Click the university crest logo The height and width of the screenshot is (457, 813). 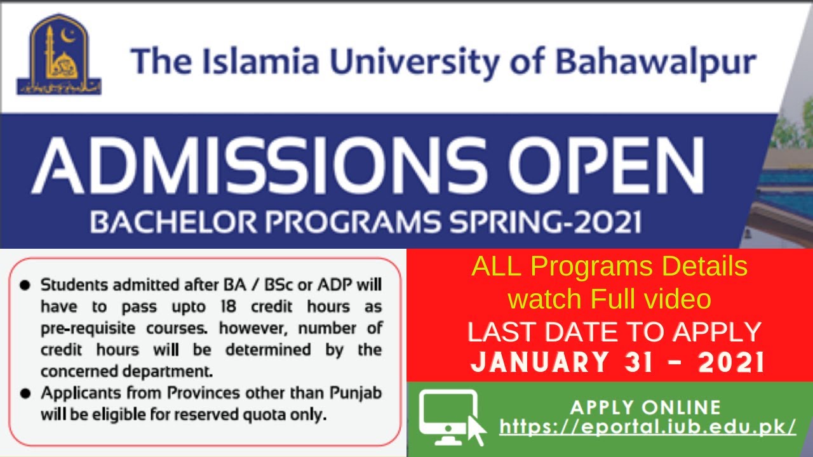click(x=59, y=55)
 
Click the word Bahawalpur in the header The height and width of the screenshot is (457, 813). click(x=655, y=62)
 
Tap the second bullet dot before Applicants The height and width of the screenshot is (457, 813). click(x=25, y=394)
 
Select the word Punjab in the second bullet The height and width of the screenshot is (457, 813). click(x=356, y=393)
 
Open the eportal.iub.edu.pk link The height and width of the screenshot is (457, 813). click(x=647, y=427)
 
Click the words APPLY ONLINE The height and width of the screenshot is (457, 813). click(x=645, y=407)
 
